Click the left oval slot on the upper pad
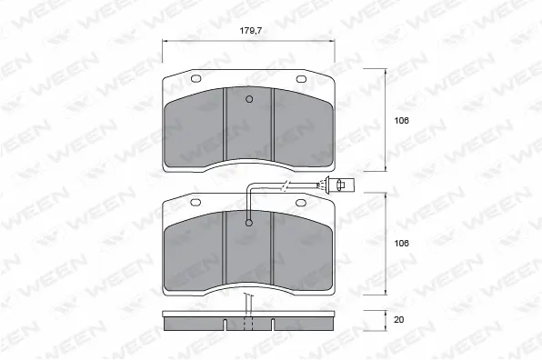coord(196,80)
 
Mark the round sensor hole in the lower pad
coord(249,221)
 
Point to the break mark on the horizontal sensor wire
coord(286,188)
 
